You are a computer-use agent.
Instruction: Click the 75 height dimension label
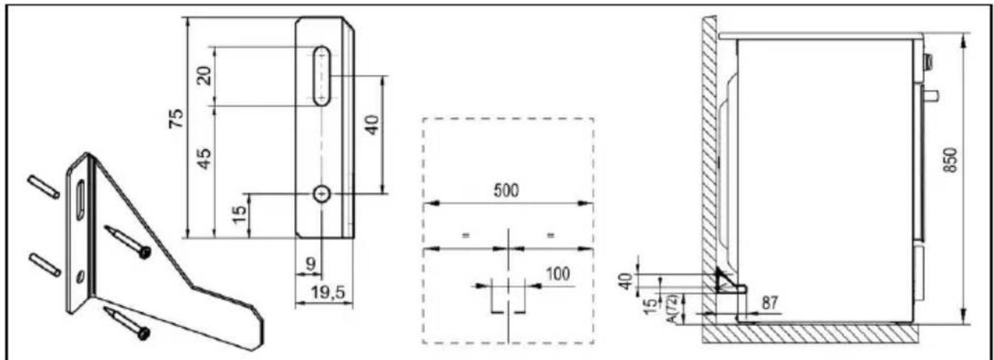pos(177,118)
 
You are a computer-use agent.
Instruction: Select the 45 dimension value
pos(204,158)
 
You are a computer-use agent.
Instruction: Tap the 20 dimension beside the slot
pos(204,76)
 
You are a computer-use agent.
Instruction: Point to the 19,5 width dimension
pos(328,292)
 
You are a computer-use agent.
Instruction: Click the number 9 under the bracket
pos(311,264)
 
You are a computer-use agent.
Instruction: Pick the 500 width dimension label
pos(506,191)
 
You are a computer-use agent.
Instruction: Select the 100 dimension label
pos(557,274)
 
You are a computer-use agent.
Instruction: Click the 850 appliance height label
pos(950,160)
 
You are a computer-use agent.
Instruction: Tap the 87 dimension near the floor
pos(770,303)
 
